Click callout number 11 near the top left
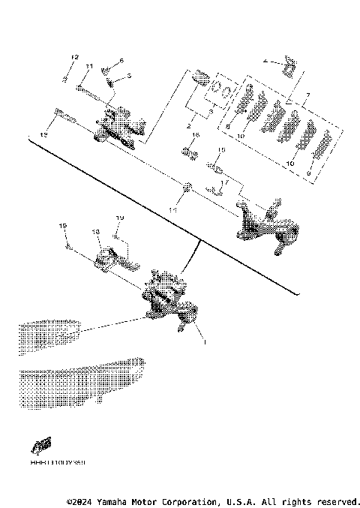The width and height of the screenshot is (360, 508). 88,67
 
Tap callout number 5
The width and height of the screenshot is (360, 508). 128,76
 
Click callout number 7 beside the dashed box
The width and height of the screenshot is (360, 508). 306,95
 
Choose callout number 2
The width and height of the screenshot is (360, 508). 189,117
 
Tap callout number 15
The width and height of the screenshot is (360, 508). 221,150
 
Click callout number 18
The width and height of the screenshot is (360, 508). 96,233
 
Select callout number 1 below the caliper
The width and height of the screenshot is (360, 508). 202,340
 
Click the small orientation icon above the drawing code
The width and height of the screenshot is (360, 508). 41,446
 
